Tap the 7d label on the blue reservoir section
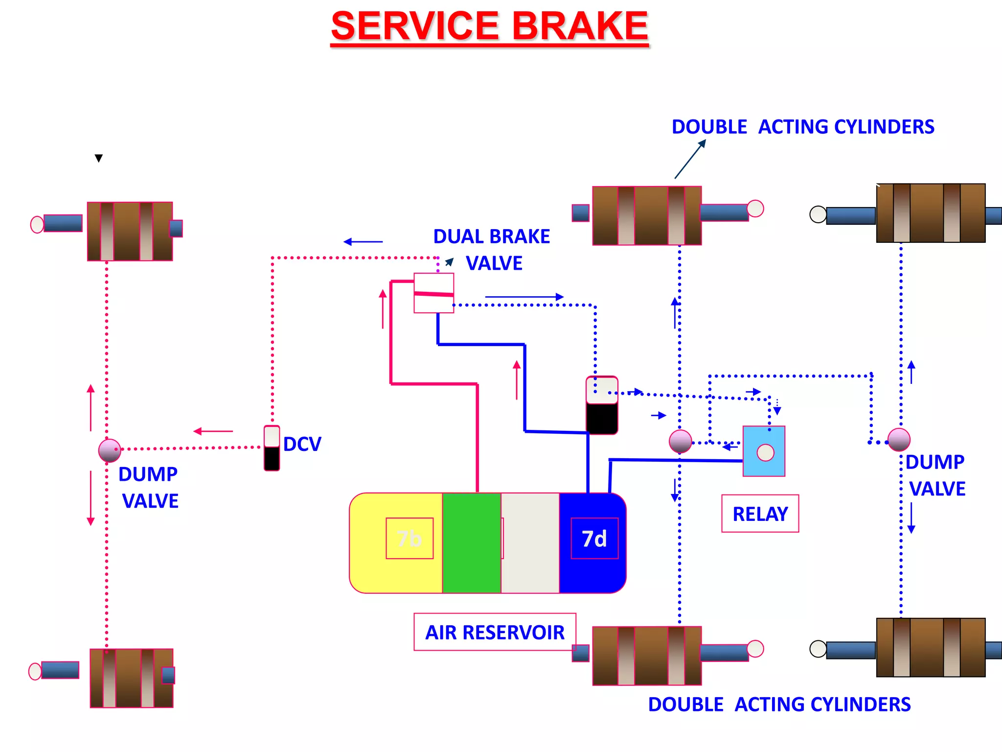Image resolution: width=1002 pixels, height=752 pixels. pos(594,539)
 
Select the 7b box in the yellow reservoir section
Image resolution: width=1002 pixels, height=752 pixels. pos(410,539)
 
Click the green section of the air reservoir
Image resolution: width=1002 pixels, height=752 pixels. pos(472,543)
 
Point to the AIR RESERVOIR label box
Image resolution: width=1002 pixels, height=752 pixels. pos(495,632)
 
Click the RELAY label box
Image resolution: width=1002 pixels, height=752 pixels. pos(760,514)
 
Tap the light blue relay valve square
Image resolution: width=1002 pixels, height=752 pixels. pos(764,451)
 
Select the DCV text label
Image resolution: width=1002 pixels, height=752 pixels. pos(302,445)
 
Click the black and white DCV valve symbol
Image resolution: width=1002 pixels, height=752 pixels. pos(272,448)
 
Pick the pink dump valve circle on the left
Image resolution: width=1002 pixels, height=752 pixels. pos(110,450)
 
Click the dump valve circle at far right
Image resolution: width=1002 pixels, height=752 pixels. pos(899,440)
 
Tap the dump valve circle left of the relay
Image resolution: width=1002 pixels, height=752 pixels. pos(680,441)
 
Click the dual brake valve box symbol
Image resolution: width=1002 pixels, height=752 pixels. pos(433,293)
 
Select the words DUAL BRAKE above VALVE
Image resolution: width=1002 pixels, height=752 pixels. pos(491,236)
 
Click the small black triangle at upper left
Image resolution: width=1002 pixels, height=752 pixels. pos(99,158)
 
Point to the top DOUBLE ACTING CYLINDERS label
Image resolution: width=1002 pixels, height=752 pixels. pos(802,127)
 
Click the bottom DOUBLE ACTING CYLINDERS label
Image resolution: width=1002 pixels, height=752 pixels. pos(779,705)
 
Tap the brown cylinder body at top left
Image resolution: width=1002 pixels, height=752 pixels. pos(130,231)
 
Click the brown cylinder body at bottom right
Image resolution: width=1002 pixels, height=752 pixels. pos(930,647)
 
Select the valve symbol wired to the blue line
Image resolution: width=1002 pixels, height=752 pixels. pos(602,405)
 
